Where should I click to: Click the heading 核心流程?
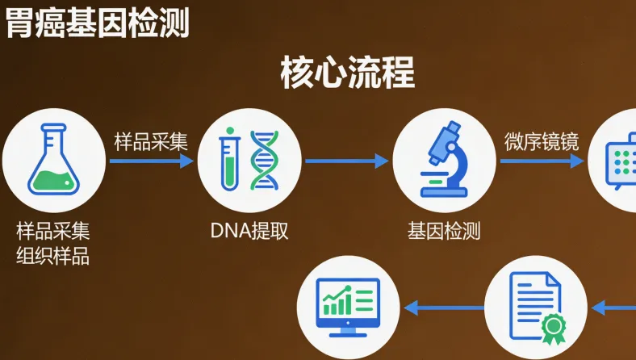click(x=347, y=73)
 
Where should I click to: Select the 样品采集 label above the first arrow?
click(x=151, y=141)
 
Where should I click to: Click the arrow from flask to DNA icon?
click(x=152, y=161)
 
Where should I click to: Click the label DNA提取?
click(x=249, y=231)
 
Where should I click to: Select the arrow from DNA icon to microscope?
click(x=347, y=161)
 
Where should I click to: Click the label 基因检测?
click(x=445, y=231)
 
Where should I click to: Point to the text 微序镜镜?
click(x=542, y=141)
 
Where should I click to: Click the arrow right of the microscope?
click(x=542, y=161)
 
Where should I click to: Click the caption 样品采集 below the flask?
click(x=53, y=231)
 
